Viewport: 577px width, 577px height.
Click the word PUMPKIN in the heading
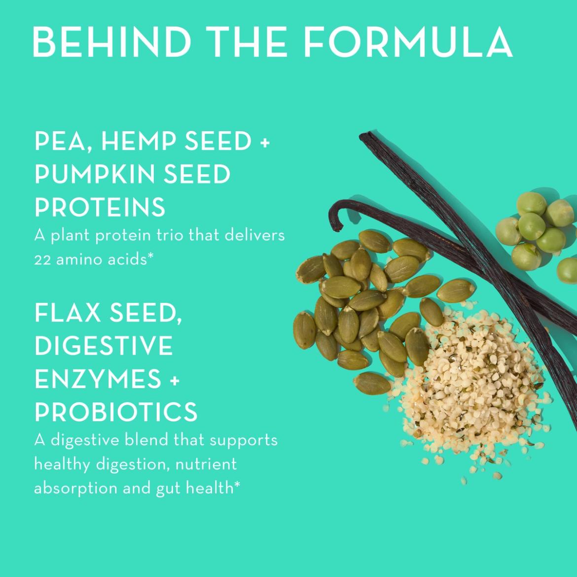click(96, 174)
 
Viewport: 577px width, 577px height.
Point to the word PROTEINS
click(100, 207)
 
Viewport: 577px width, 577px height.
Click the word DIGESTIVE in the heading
click(104, 346)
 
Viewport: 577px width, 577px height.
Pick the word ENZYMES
click(98, 379)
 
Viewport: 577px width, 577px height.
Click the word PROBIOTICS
click(116, 411)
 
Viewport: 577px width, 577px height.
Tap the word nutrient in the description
click(206, 465)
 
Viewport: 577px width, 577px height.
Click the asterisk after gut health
click(237, 485)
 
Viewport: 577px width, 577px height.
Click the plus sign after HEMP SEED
click(265, 142)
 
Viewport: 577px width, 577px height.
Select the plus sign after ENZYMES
click(175, 380)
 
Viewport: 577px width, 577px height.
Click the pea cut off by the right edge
click(568, 270)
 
